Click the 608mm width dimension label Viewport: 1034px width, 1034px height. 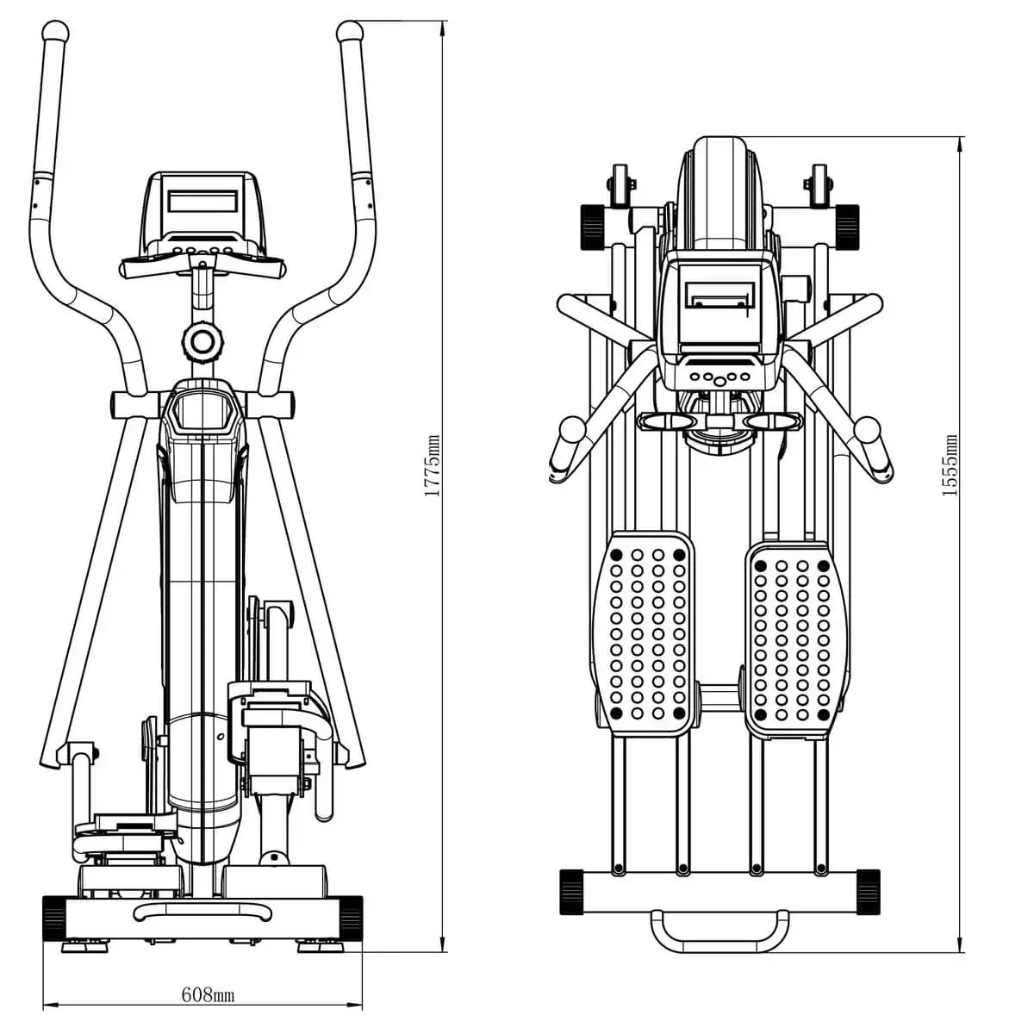pyautogui.click(x=208, y=995)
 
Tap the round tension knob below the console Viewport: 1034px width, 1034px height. pyautogui.click(x=202, y=342)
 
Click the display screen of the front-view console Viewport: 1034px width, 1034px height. pyautogui.click(x=202, y=202)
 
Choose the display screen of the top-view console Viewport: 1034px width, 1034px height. pyautogui.click(x=719, y=293)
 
